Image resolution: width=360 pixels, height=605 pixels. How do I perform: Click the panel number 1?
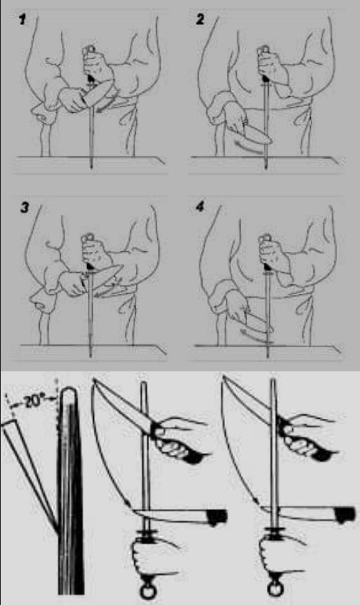(x=23, y=20)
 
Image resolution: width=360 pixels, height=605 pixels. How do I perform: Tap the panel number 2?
(x=200, y=20)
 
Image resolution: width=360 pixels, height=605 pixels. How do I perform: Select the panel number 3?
(x=25, y=208)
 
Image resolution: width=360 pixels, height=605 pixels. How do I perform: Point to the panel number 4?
(x=200, y=207)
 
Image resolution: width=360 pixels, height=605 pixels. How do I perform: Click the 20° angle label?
(x=33, y=402)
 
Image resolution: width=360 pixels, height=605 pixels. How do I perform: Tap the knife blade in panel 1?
(x=97, y=93)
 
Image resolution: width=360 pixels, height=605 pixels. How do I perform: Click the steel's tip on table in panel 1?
(x=91, y=166)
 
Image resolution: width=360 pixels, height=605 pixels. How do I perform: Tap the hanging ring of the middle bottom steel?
(x=147, y=591)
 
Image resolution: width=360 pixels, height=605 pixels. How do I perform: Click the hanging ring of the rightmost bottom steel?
(x=276, y=589)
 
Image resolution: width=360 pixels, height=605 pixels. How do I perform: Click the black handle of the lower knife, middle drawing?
(x=216, y=517)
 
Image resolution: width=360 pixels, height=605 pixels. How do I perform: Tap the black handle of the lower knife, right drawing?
(x=344, y=515)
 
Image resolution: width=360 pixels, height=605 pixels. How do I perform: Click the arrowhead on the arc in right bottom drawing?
(x=255, y=501)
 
